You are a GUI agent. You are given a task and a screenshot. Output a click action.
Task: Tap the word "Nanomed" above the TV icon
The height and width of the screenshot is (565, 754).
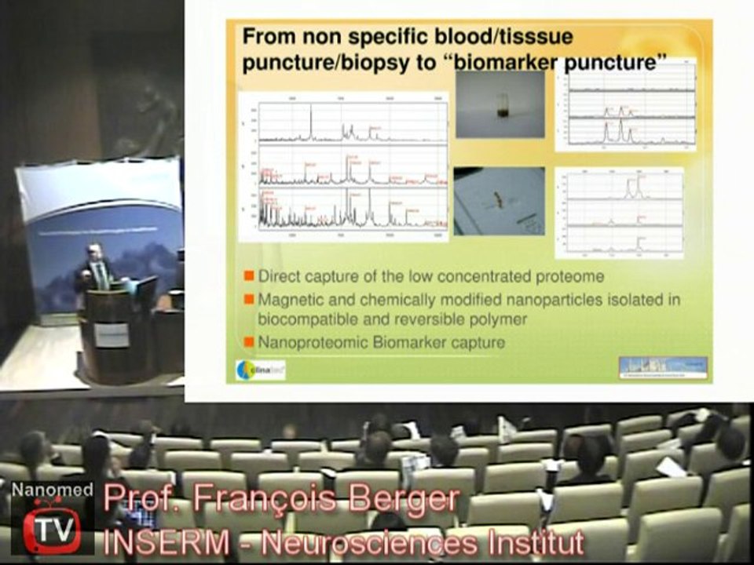[x=46, y=490]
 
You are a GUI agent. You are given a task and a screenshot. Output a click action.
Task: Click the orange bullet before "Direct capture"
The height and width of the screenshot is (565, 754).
[x=248, y=276]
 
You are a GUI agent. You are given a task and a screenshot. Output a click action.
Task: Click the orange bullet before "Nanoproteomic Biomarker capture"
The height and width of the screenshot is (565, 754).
[x=248, y=342]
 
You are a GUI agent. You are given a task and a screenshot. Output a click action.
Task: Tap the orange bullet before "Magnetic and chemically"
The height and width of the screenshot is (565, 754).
[x=248, y=299]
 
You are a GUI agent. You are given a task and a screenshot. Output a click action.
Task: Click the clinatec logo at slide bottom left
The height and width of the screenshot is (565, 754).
[x=260, y=369]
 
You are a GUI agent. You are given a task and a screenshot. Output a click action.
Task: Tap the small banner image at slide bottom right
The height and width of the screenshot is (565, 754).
[x=663, y=366]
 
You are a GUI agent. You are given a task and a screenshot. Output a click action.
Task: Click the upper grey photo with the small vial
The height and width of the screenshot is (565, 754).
[x=500, y=104]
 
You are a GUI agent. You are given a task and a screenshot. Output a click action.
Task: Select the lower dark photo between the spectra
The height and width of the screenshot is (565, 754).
[x=499, y=202]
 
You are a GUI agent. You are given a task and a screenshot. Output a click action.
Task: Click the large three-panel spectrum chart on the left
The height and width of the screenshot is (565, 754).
[x=342, y=166]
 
